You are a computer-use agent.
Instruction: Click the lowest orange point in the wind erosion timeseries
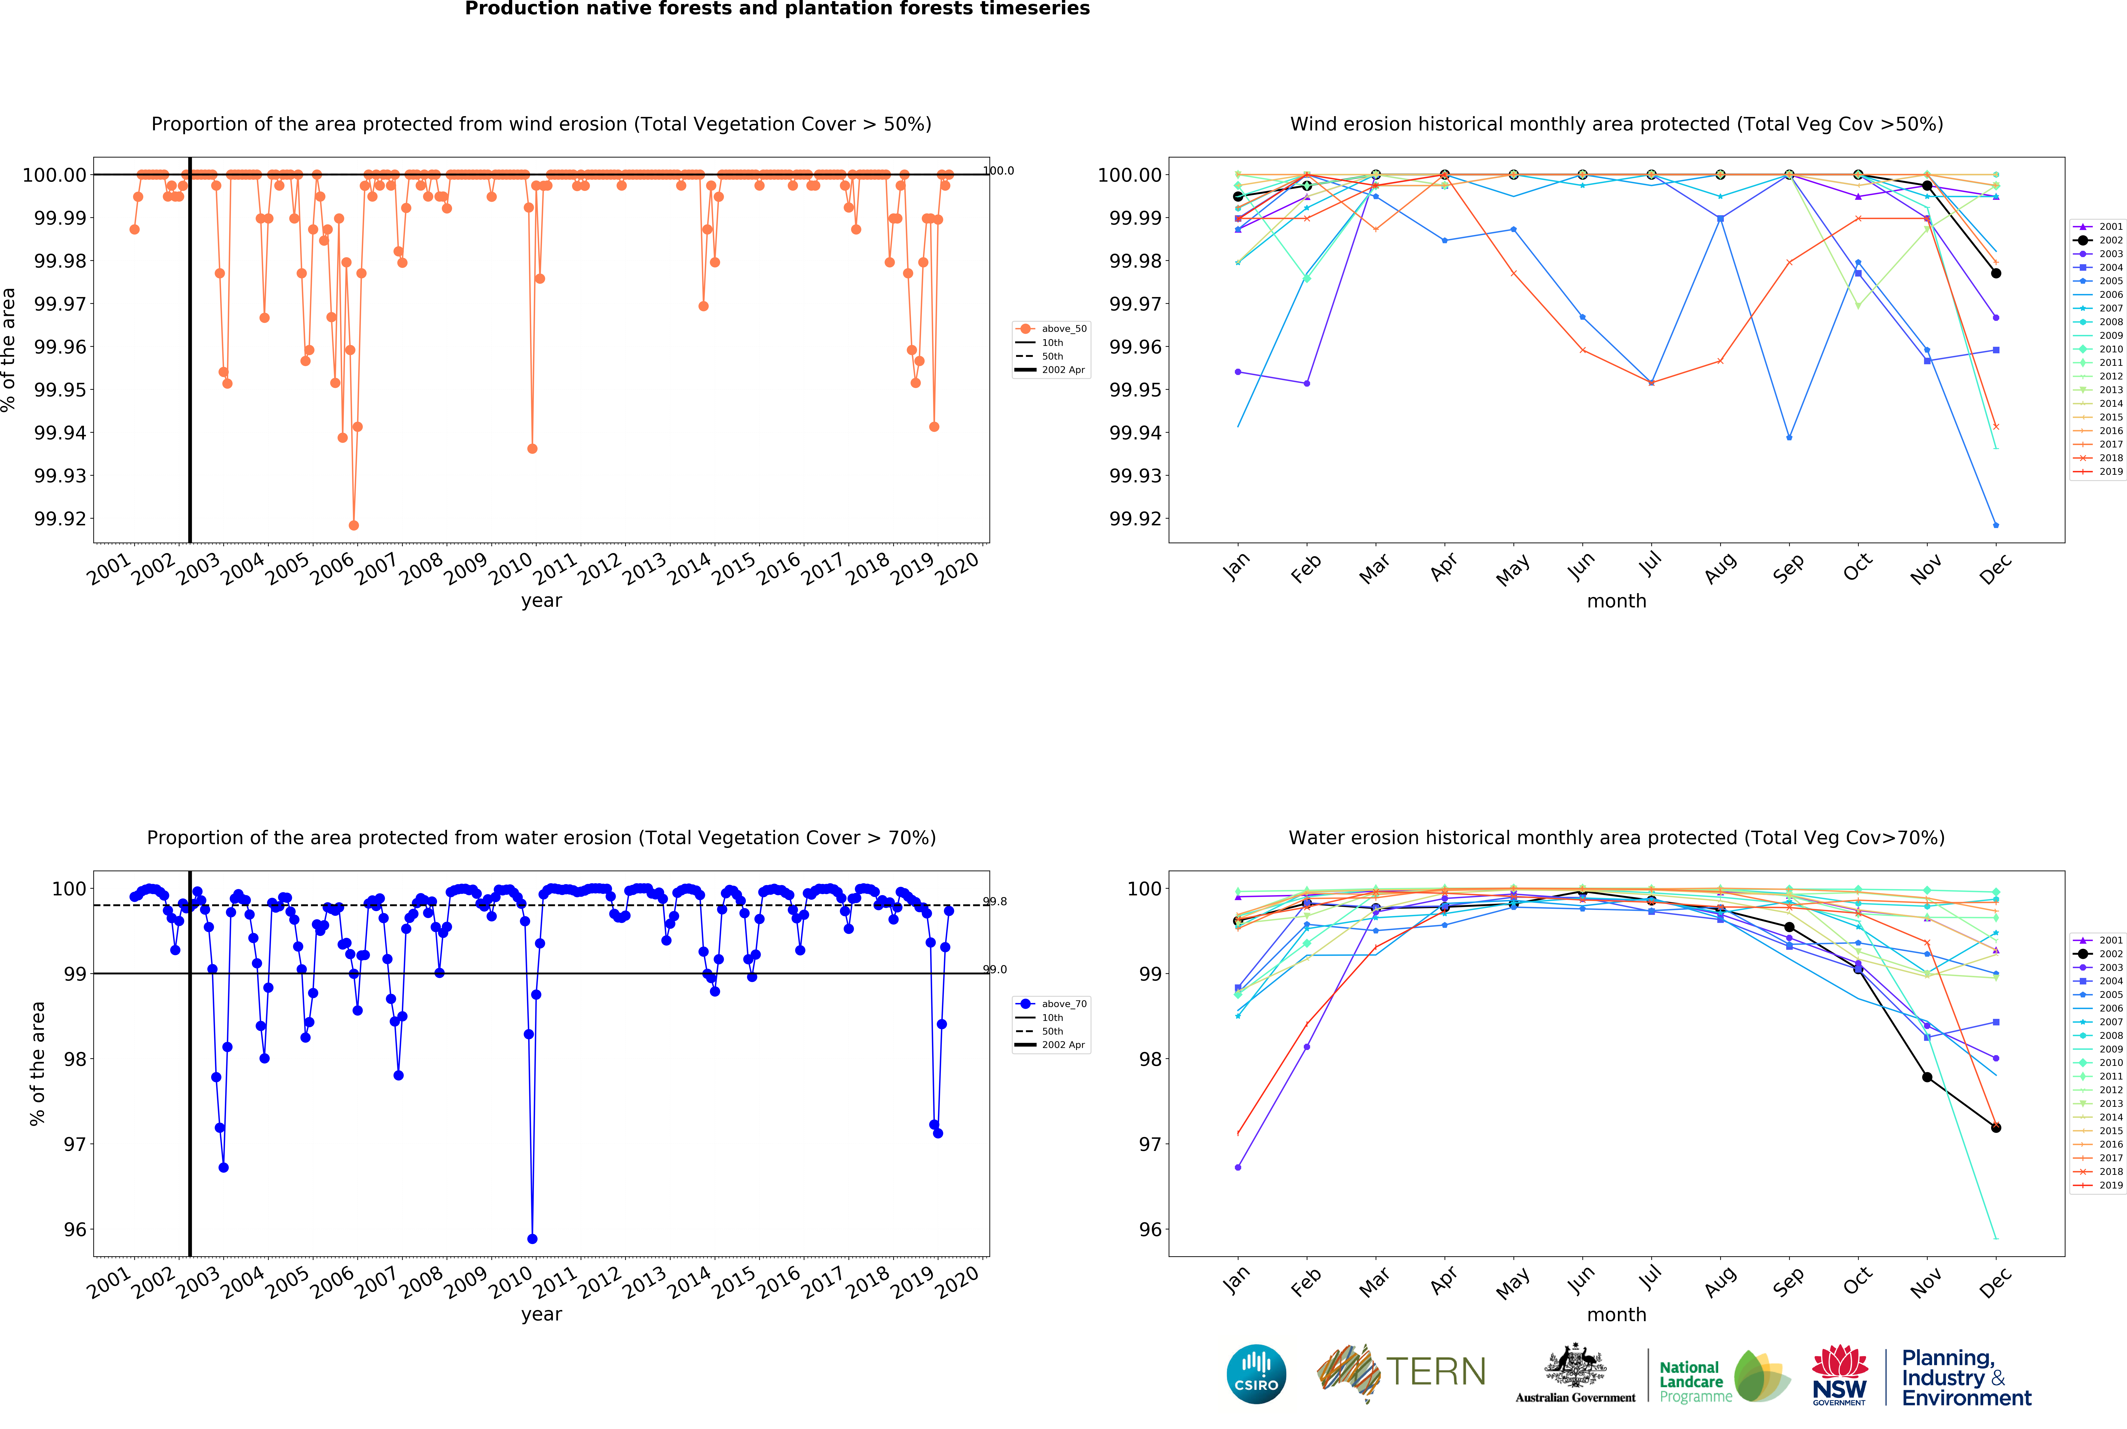(x=354, y=526)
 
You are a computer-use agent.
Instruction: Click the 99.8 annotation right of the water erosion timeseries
(x=995, y=902)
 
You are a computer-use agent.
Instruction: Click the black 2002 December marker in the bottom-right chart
(x=1996, y=1127)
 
